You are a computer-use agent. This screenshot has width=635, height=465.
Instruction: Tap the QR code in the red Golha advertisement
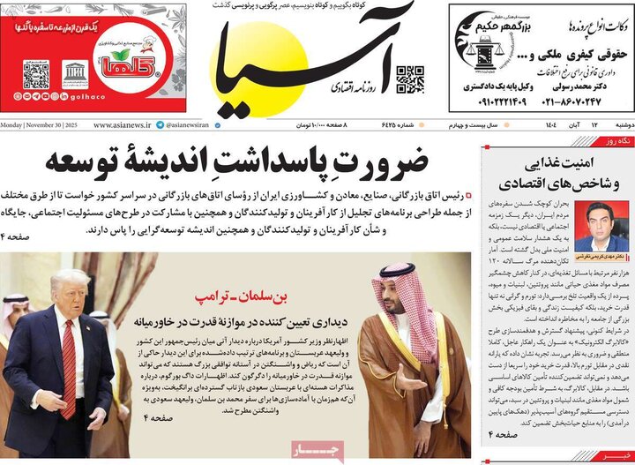pyautogui.click(x=35, y=74)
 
